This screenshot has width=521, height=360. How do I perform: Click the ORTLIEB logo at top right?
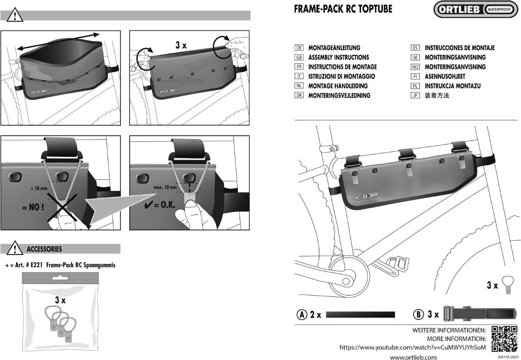[476, 9]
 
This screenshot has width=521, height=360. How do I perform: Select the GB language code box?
[299, 57]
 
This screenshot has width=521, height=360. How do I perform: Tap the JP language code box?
[415, 96]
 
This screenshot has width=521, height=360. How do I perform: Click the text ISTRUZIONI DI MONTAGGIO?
[341, 76]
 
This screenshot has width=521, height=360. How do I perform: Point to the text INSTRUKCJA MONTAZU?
[452, 86]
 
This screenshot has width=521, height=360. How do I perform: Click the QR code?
[504, 339]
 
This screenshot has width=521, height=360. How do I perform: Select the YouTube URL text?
[413, 347]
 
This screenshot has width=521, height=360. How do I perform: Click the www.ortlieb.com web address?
[413, 357]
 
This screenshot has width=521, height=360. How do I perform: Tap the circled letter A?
[302, 314]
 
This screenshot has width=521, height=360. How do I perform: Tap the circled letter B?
[418, 314]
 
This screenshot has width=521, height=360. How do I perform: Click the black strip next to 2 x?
[361, 314]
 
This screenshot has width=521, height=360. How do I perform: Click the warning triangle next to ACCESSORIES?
[15, 248]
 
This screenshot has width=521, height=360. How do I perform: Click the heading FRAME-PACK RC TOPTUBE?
[343, 9]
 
